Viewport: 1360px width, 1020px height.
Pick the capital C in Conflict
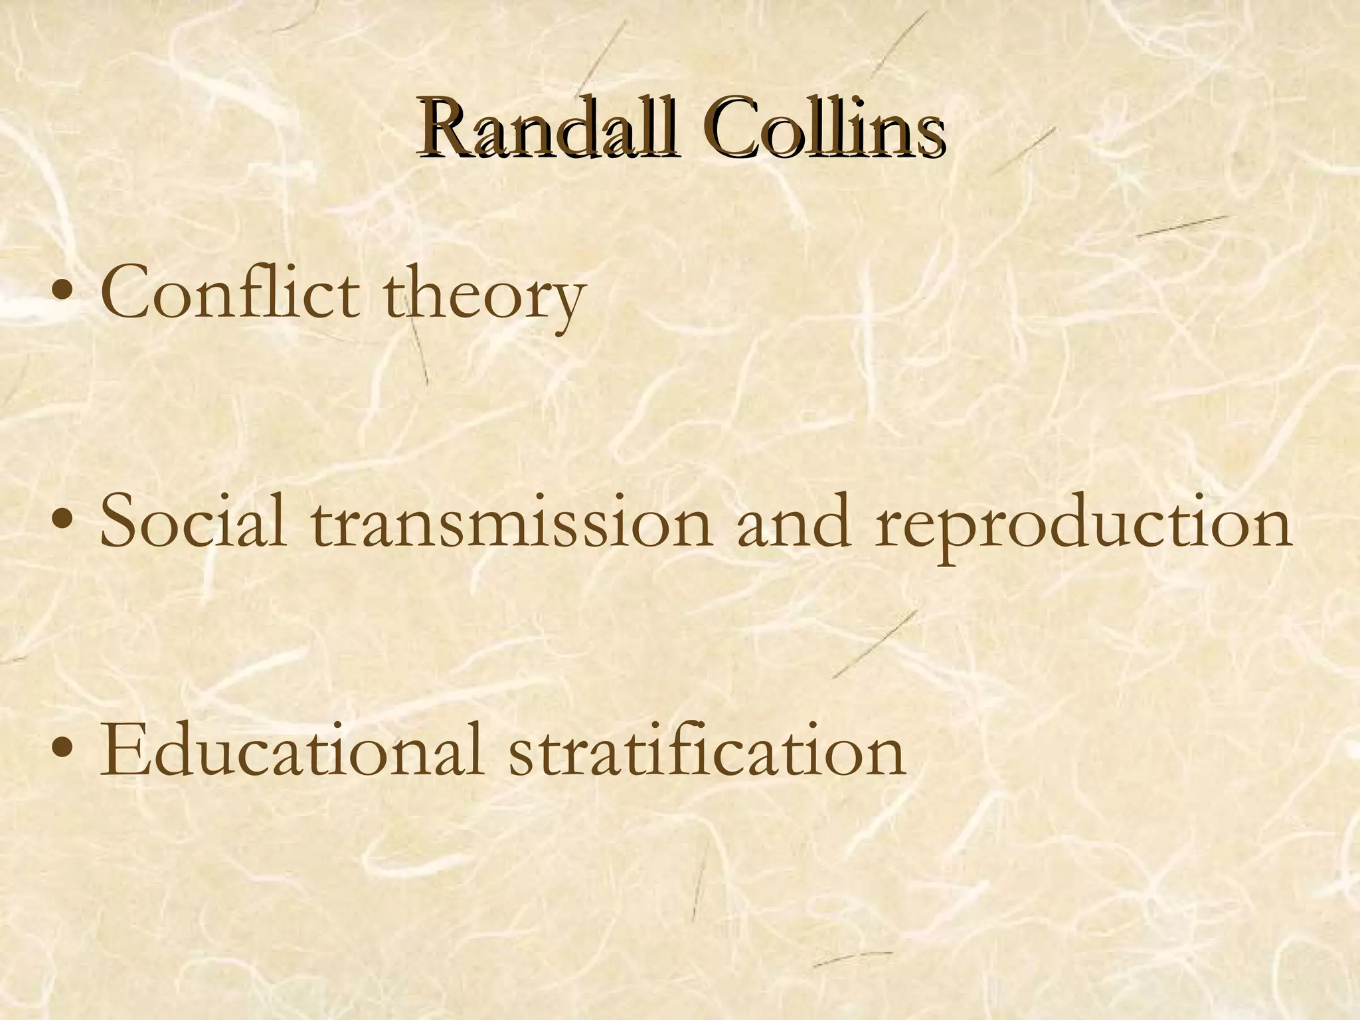point(126,293)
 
